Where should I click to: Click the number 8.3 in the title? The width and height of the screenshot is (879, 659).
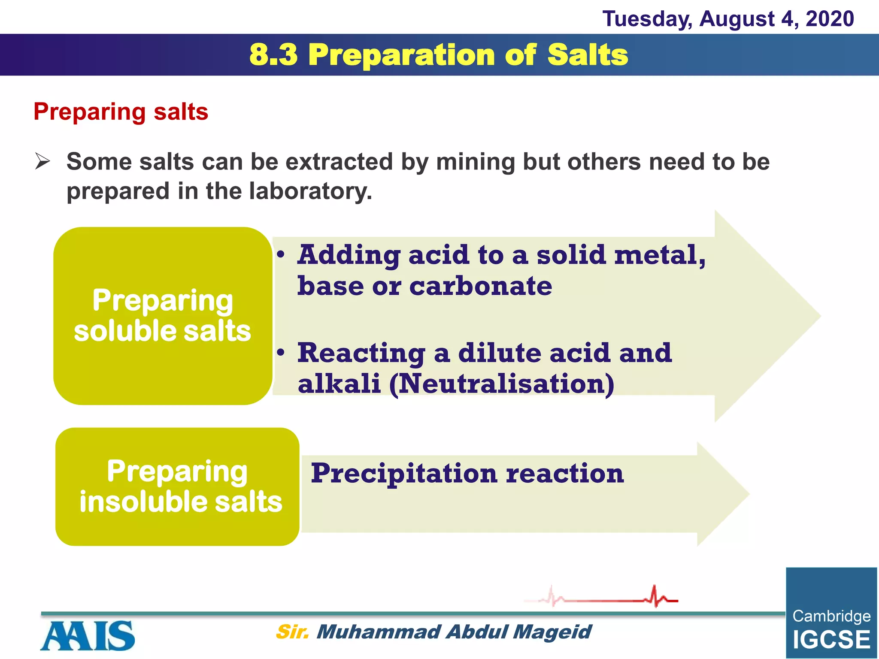click(x=273, y=55)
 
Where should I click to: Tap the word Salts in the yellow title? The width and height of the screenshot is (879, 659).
click(x=588, y=55)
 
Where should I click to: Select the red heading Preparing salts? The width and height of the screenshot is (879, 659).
click(x=121, y=112)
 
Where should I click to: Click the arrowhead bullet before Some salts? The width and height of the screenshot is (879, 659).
click(x=42, y=162)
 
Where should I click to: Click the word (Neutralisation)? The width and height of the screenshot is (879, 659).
click(x=502, y=384)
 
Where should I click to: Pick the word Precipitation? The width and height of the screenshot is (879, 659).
click(x=404, y=474)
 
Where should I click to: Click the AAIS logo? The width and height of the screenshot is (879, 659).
click(x=88, y=636)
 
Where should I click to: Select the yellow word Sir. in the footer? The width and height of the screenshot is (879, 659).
click(x=292, y=632)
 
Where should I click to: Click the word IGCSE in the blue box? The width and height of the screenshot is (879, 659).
click(x=831, y=640)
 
